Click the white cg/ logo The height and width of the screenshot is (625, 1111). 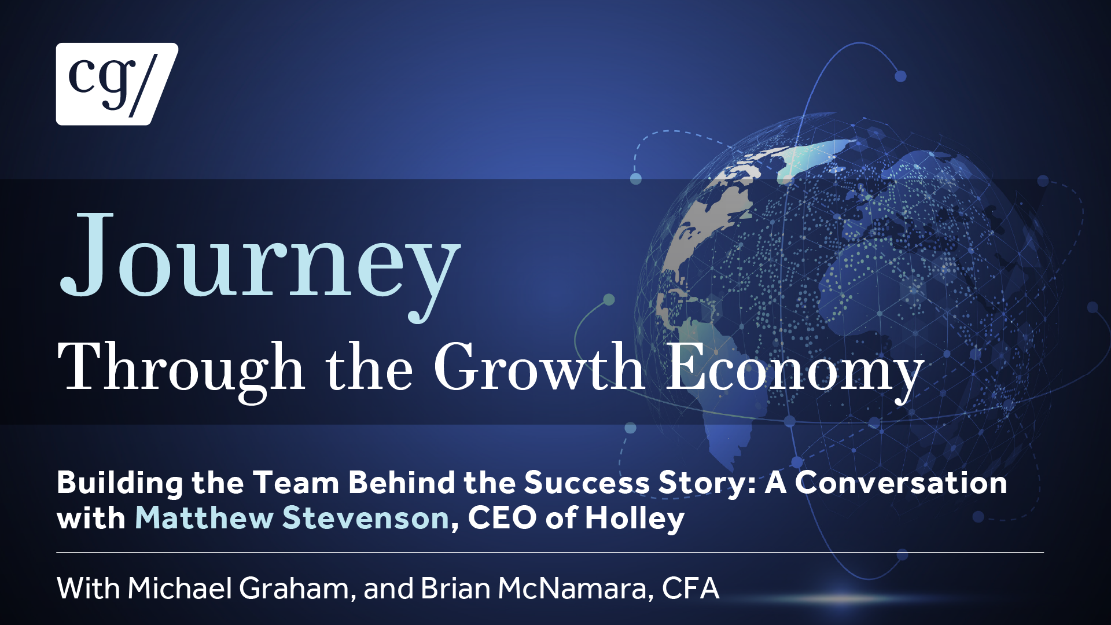(117, 84)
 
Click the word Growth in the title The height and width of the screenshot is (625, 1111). (539, 367)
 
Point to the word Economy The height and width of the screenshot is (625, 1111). (795, 370)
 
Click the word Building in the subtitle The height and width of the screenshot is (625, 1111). (120, 483)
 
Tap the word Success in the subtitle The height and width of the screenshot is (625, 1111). (587, 483)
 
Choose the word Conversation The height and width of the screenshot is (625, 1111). (900, 483)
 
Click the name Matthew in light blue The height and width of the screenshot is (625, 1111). (204, 517)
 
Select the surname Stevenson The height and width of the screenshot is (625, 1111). (366, 517)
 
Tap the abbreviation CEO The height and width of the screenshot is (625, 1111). (502, 517)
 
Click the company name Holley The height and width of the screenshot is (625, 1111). (635, 519)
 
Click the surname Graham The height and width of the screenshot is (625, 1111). (295, 588)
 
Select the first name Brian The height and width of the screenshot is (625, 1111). (456, 588)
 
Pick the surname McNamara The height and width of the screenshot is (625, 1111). (572, 588)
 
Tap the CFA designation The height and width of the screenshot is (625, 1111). (690, 588)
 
